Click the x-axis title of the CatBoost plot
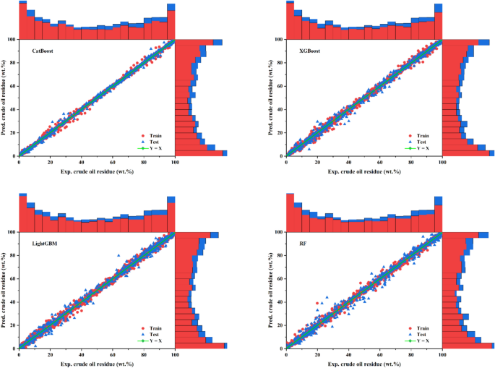(x=97, y=172)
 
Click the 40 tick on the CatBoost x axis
(x=82, y=163)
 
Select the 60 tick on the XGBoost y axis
(x=280, y=86)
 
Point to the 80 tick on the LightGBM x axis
(x=144, y=355)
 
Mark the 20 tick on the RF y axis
(x=280, y=325)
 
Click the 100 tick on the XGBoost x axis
(x=442, y=163)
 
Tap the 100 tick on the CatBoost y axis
(x=12, y=40)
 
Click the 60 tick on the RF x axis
(x=380, y=355)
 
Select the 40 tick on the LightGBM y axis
(x=13, y=302)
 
